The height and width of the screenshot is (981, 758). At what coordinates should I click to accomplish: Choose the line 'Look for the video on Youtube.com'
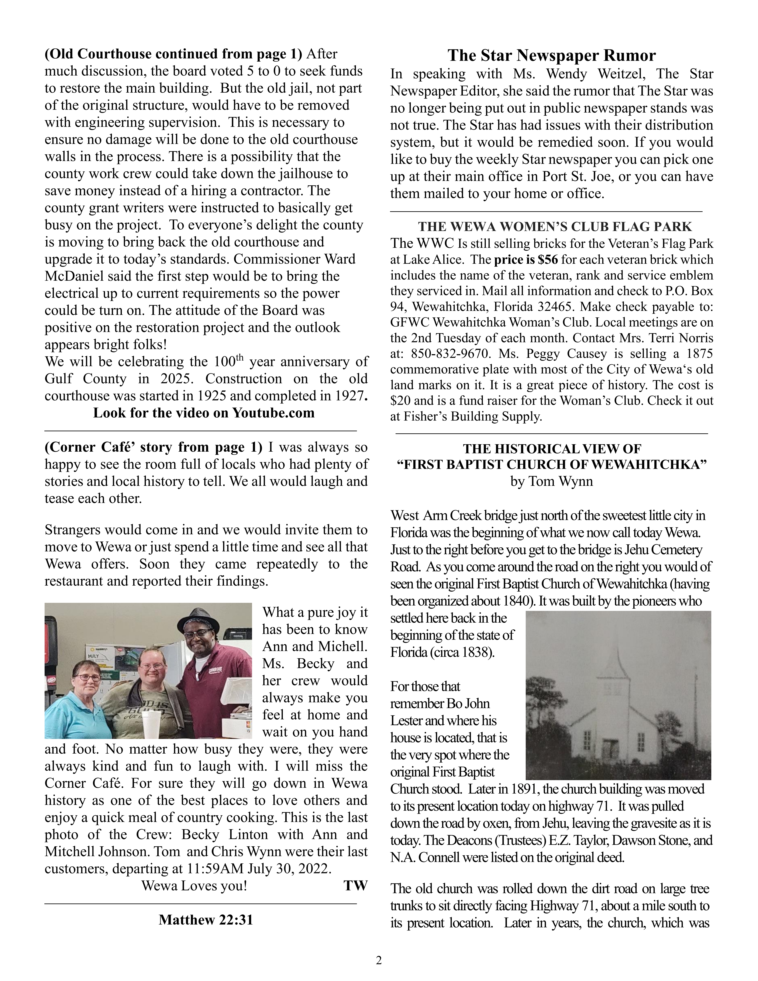pyautogui.click(x=204, y=413)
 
